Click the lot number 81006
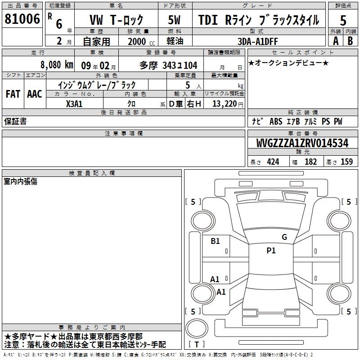22,19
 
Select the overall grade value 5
343,21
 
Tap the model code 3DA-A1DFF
257,41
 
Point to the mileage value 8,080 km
57,65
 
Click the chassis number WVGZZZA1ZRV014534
302,143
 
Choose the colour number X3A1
74,104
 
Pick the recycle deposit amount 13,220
225,104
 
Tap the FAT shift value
13,94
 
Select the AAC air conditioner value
35,94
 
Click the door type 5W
174,20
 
